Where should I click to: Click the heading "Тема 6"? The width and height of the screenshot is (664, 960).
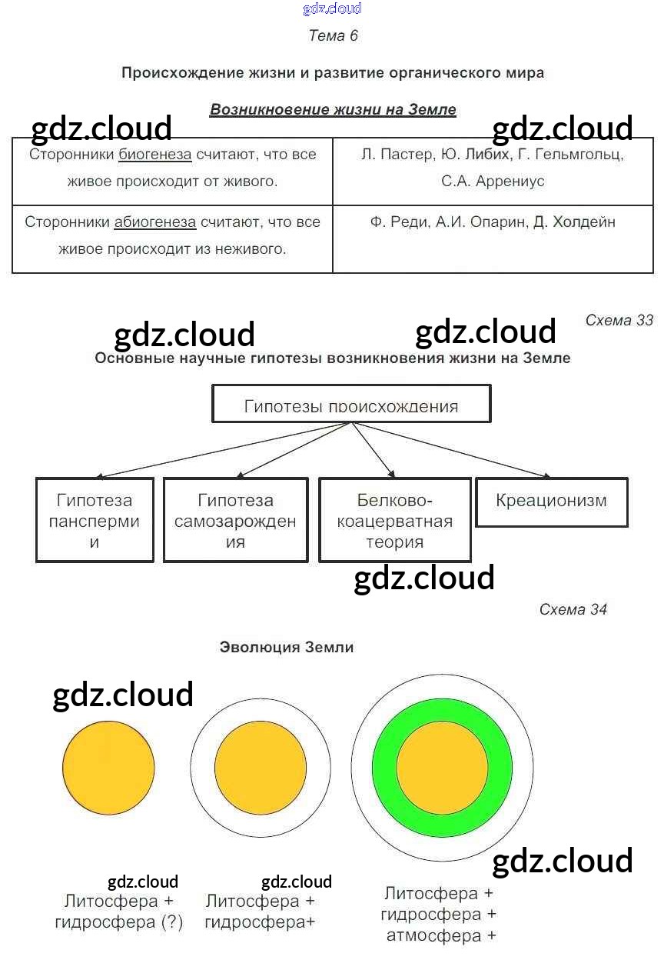[333, 35]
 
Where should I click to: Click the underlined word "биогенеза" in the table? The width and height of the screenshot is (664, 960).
[155, 155]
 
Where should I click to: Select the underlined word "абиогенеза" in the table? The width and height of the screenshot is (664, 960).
[155, 222]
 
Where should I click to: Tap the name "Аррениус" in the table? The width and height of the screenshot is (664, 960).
[510, 182]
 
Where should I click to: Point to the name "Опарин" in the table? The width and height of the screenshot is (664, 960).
[497, 222]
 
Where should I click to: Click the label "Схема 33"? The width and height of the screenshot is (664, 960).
[619, 320]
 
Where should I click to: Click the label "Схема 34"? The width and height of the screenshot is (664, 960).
[573, 609]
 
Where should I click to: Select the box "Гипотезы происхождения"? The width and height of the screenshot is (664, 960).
[351, 403]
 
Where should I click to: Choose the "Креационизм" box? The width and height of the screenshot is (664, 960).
[551, 502]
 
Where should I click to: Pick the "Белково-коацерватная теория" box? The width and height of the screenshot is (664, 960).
[395, 520]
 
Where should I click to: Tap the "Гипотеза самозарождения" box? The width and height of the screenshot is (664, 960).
[235, 520]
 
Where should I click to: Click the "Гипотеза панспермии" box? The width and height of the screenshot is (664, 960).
[95, 520]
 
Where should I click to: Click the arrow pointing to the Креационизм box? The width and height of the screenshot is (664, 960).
[450, 449]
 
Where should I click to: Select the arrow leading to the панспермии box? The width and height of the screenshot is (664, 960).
[224, 449]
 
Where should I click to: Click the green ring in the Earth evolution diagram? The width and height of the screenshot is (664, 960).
[385, 768]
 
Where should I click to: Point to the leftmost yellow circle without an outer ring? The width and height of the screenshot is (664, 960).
[108, 768]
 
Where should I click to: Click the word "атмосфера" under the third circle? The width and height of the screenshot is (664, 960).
[434, 936]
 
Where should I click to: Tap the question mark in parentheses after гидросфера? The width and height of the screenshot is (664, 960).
[172, 922]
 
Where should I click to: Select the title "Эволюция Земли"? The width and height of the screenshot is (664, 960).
[287, 647]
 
